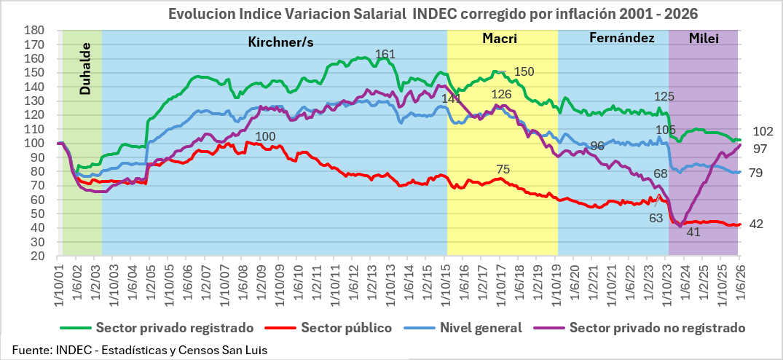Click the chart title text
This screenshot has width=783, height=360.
(x=433, y=13)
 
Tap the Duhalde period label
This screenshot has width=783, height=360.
(x=85, y=69)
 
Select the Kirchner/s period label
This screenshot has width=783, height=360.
(x=280, y=42)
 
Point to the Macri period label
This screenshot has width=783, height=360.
(x=500, y=39)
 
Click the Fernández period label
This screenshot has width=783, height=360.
(x=622, y=38)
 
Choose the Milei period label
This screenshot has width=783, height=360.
(x=704, y=38)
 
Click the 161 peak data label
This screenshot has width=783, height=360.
(x=385, y=53)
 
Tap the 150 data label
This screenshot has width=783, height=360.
(x=524, y=71)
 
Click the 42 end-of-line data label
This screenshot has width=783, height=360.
(x=757, y=224)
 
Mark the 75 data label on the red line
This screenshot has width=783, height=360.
(x=503, y=169)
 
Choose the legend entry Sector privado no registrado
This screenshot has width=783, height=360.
(x=640, y=328)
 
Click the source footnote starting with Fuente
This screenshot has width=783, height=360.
(x=140, y=350)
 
